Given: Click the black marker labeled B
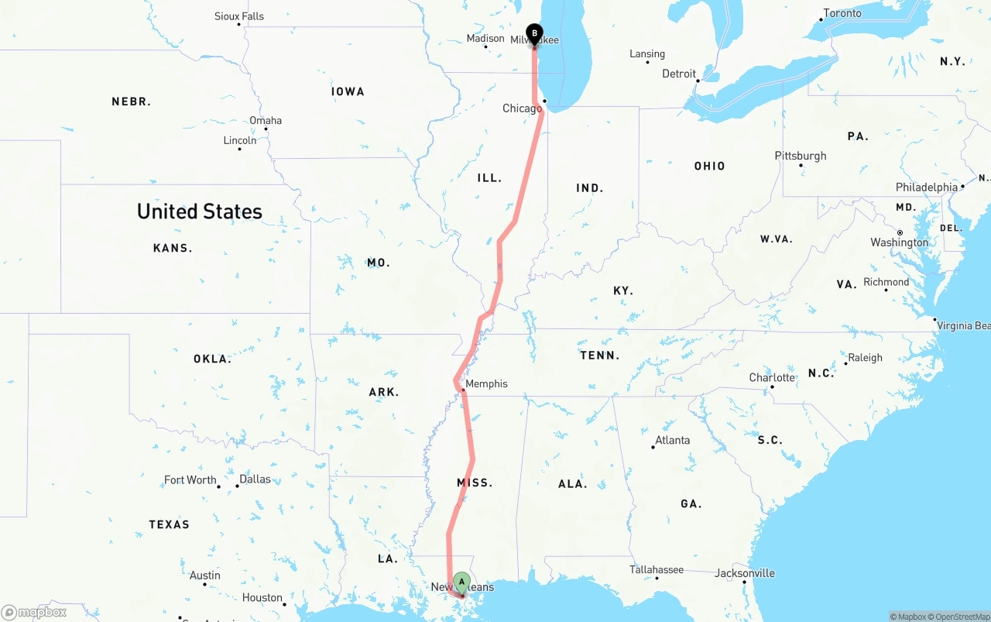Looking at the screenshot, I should (534, 34).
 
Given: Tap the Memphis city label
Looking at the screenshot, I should (486, 383).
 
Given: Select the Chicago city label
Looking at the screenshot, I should (523, 108).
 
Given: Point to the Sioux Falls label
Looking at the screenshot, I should (239, 16).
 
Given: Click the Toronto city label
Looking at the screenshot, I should (842, 13).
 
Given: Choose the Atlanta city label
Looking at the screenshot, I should (672, 440).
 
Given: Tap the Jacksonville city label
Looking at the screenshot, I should (745, 573).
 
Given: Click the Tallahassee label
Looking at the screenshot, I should (657, 569).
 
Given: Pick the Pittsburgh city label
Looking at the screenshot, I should (801, 156).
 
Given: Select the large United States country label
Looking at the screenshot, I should (200, 211).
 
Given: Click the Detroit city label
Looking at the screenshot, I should (679, 74).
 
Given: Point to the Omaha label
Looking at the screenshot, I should (266, 120).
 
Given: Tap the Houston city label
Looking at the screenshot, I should (262, 597).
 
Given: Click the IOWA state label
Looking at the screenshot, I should (348, 91).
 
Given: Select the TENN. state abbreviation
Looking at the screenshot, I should (600, 356).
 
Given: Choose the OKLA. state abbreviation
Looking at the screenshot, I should (212, 359).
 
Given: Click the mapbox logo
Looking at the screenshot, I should (34, 612).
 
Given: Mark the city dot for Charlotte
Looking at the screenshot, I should (772, 387).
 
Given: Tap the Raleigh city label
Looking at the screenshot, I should (865, 358).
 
